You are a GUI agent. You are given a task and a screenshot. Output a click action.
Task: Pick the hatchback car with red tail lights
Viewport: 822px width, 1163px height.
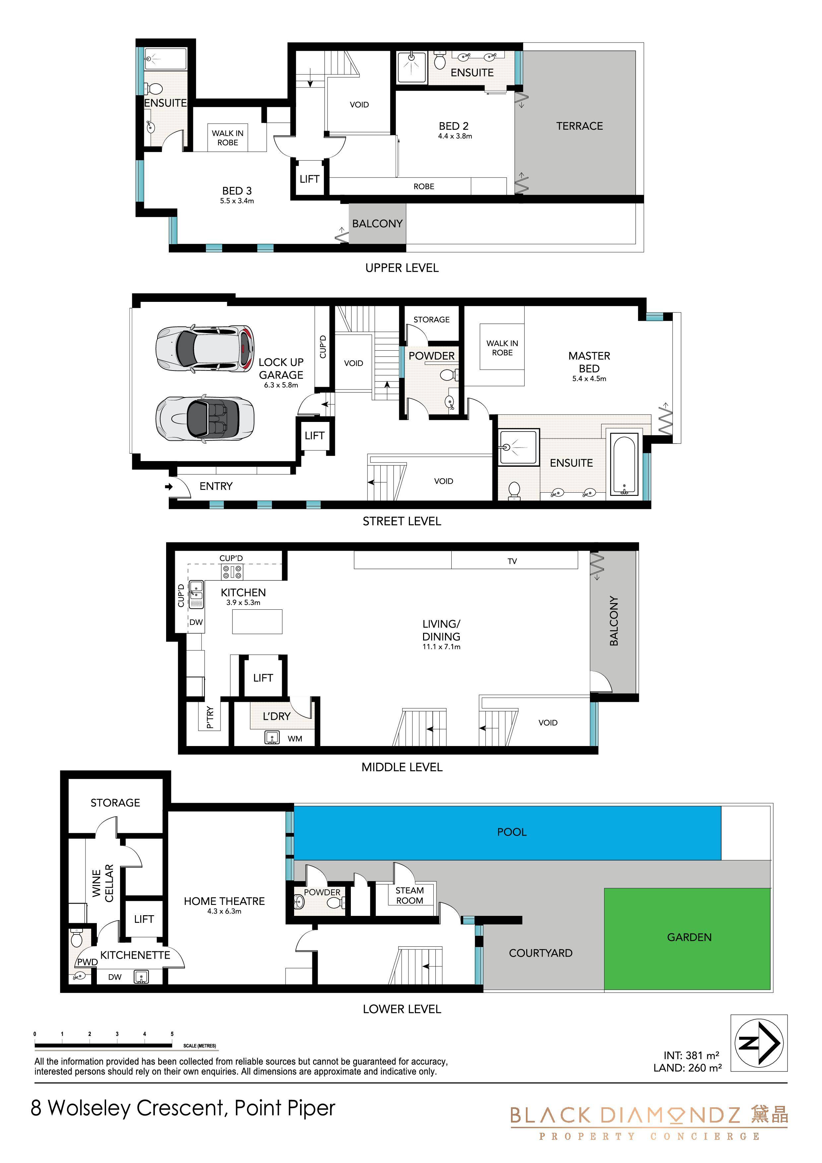(x=205, y=349)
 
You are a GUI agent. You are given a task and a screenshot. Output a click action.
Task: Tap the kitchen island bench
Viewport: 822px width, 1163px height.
(x=257, y=622)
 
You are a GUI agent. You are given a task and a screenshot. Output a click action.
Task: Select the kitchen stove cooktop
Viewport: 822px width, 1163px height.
(x=232, y=572)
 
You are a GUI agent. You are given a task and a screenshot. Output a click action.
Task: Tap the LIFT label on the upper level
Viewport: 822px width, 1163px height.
(x=309, y=179)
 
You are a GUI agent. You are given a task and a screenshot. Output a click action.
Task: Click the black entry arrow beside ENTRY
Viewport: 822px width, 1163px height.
(x=169, y=487)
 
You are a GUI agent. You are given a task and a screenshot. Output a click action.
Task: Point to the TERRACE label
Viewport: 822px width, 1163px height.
(x=579, y=126)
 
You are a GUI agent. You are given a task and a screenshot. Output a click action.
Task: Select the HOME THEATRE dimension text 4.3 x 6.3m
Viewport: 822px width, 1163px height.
(x=224, y=911)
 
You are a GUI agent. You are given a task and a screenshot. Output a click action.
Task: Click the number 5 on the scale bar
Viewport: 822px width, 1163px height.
(x=172, y=1034)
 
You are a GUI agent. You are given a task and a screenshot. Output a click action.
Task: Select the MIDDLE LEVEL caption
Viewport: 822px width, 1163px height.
(x=402, y=767)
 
